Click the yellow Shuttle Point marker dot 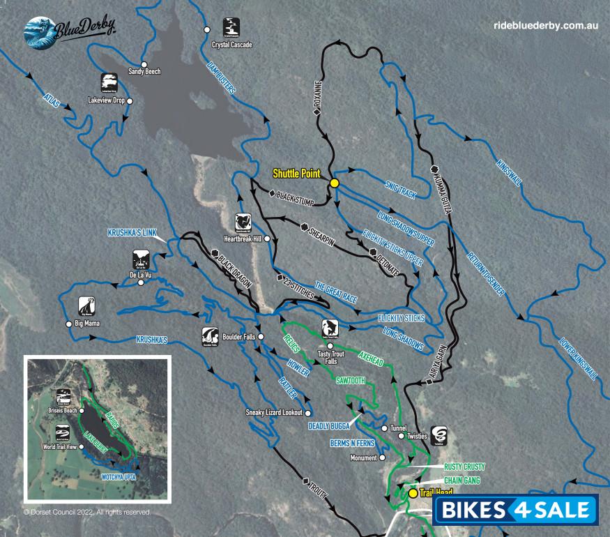point(334,183)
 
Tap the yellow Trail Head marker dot point(413,493)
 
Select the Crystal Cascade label point(231,45)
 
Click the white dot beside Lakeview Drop point(130,100)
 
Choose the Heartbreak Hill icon point(243,222)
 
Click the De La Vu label point(141,275)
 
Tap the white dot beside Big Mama point(68,324)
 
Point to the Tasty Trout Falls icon point(330,327)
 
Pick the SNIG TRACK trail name point(400,188)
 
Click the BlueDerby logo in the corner point(69,32)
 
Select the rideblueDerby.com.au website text point(546,25)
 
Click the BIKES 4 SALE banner point(516,510)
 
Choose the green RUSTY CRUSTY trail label point(464,467)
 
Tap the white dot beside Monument point(382,458)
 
